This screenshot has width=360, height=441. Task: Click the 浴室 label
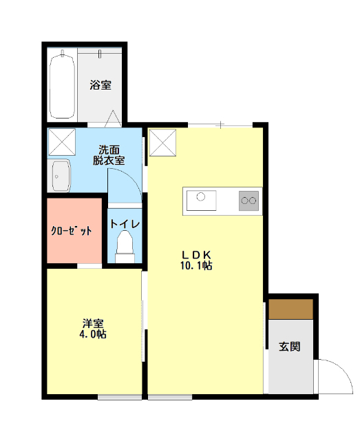tap(100, 85)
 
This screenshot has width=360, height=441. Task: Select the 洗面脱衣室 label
tap(109, 154)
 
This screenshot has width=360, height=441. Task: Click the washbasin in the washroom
tap(61, 176)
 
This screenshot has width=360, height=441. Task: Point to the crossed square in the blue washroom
tap(61, 142)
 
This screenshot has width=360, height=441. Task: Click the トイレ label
tap(125, 224)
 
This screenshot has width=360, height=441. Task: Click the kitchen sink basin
tap(201, 201)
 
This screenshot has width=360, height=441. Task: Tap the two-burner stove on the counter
tap(248, 201)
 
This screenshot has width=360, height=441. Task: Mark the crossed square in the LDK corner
tap(163, 143)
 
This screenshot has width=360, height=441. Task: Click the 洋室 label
tap(93, 322)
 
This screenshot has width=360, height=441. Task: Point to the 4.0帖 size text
tap(93, 335)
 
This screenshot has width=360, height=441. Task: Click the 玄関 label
tap(290, 347)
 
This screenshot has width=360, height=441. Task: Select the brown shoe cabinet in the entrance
tap(290, 309)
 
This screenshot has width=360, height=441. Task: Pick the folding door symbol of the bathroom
tap(114, 118)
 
